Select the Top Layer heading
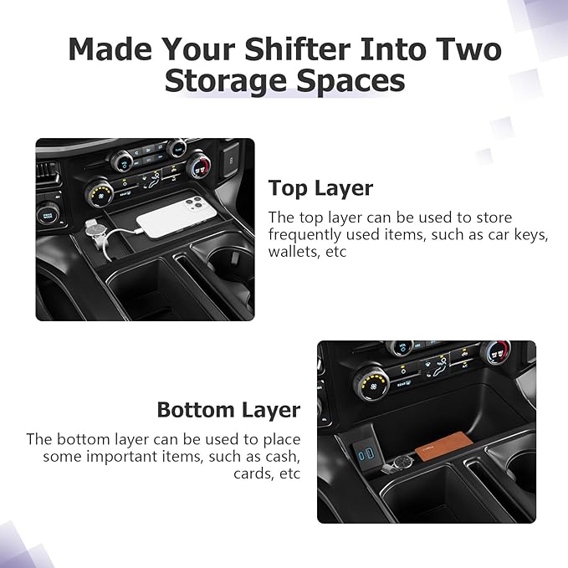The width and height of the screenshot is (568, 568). pyautogui.click(x=320, y=187)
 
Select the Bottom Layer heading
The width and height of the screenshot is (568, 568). pyautogui.click(x=228, y=410)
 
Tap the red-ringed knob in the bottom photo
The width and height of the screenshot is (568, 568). pyautogui.click(x=495, y=352)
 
